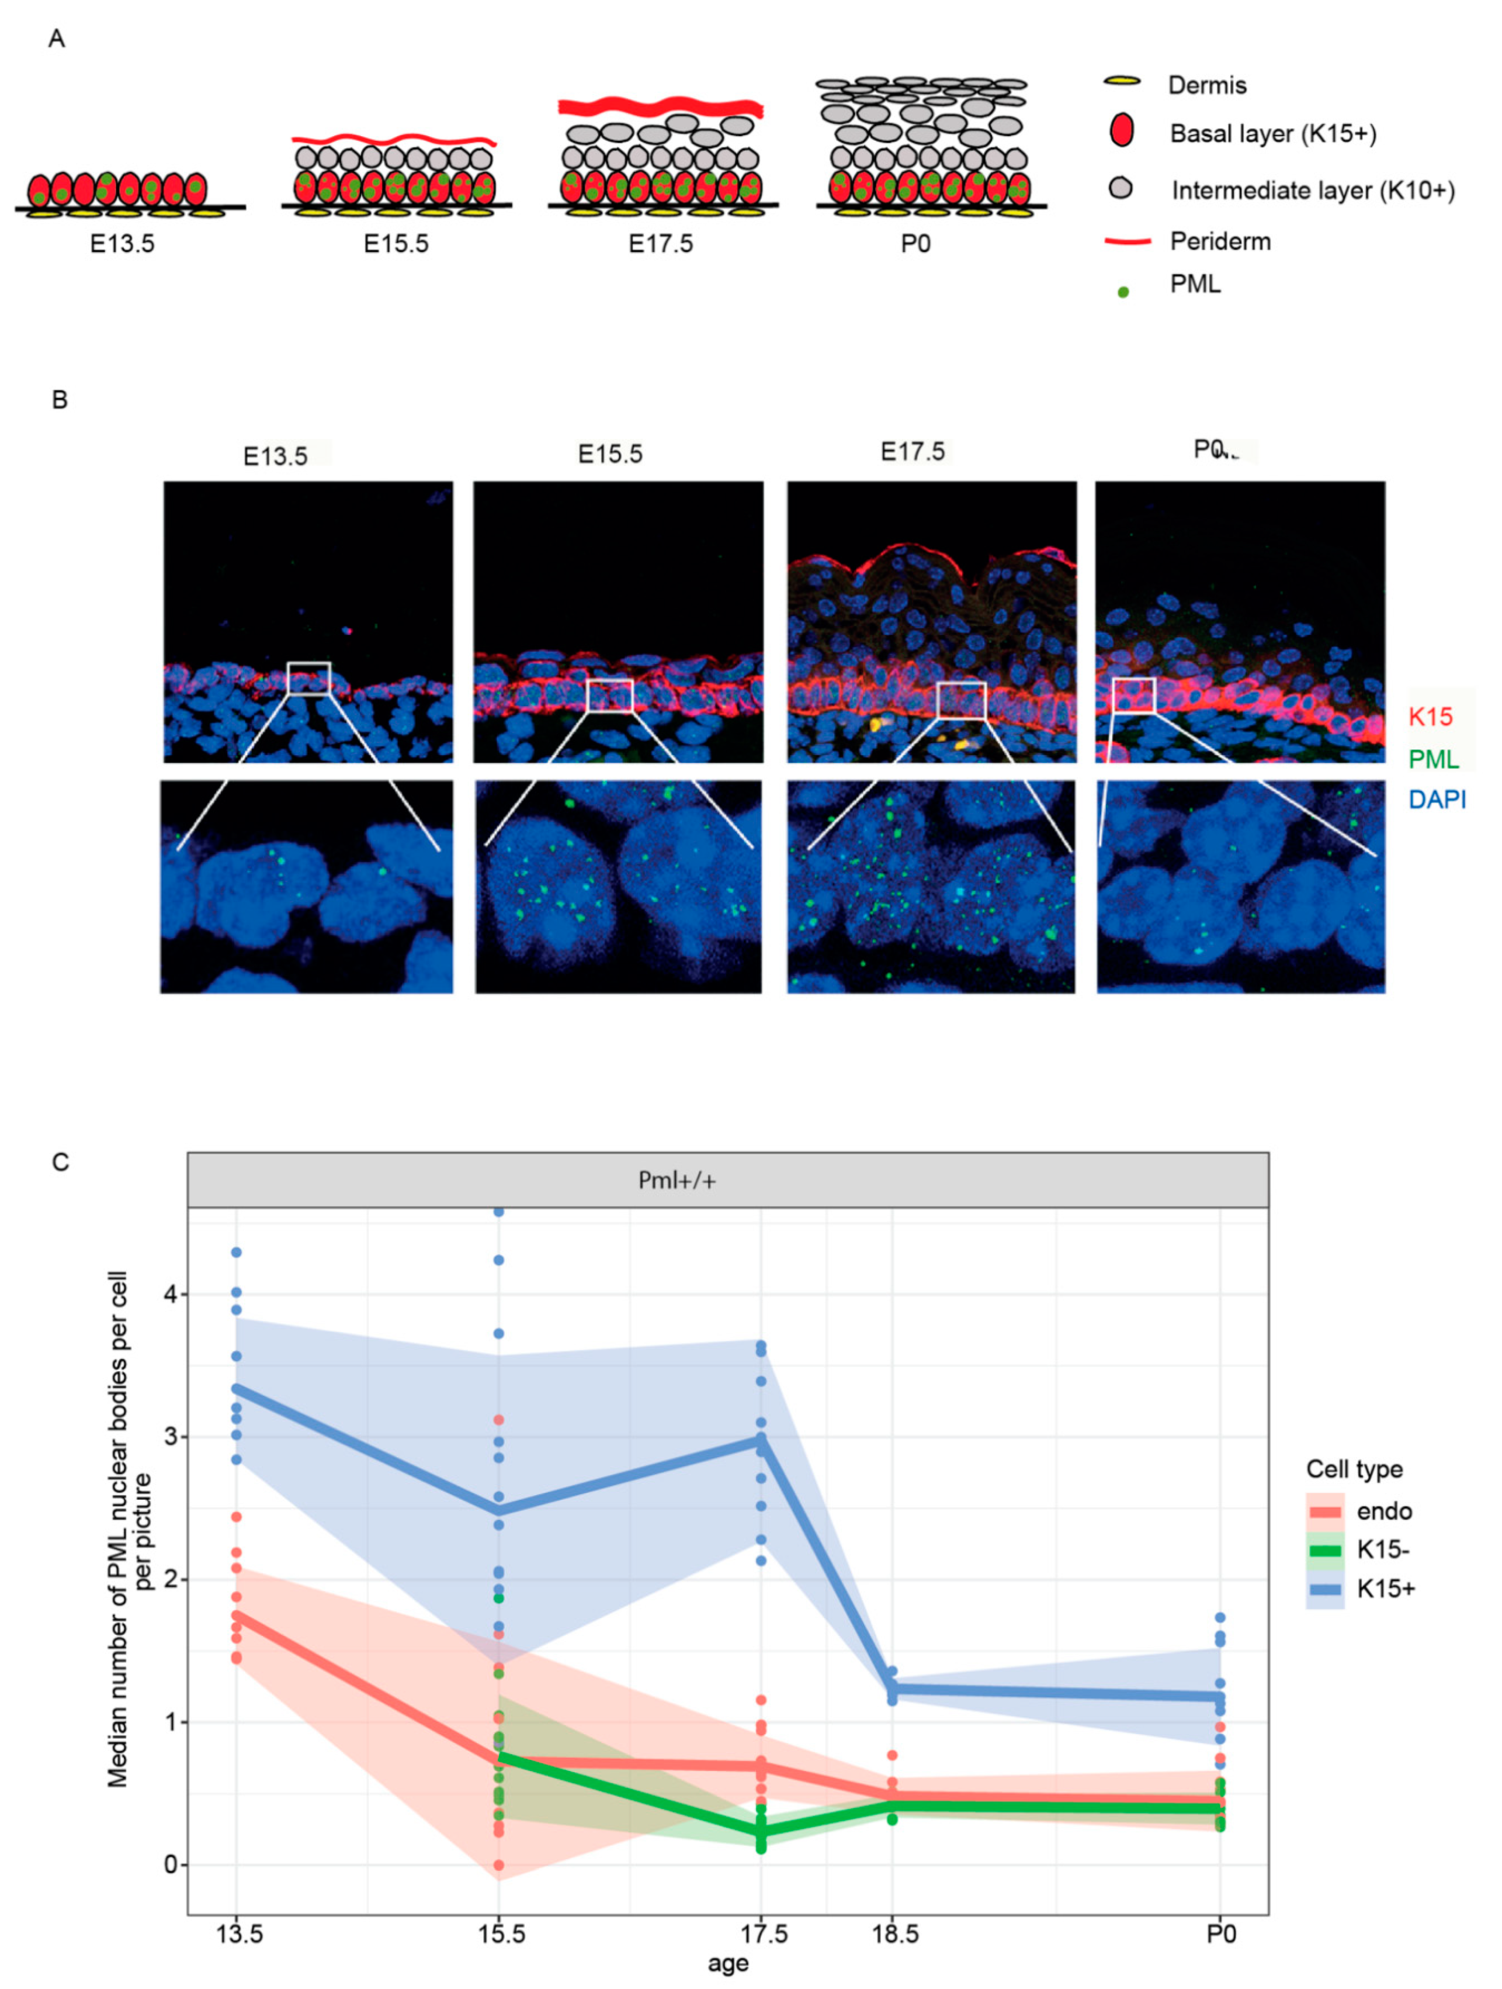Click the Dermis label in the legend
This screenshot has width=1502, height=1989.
pyautogui.click(x=1206, y=85)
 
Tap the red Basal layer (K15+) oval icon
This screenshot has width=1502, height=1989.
pyautogui.click(x=1121, y=132)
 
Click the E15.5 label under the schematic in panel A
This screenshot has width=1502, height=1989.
pyautogui.click(x=396, y=244)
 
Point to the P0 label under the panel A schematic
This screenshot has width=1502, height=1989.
pyautogui.click(x=915, y=244)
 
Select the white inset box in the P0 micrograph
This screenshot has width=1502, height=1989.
pyautogui.click(x=1133, y=695)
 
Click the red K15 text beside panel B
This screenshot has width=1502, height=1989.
pyautogui.click(x=1430, y=717)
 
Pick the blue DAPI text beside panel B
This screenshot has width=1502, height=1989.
pyautogui.click(x=1437, y=800)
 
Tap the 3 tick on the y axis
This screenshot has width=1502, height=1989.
pyautogui.click(x=171, y=1437)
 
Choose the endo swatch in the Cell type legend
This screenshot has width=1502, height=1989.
pyautogui.click(x=1325, y=1511)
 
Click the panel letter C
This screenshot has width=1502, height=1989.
pyautogui.click(x=60, y=1163)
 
